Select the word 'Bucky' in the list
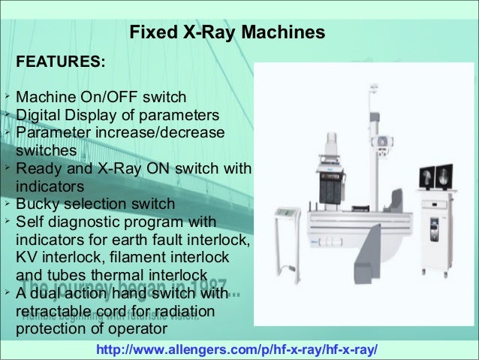[x=39, y=204]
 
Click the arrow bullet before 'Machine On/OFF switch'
[x=5, y=97]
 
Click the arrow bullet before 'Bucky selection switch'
[x=5, y=203]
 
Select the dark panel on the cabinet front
[x=434, y=226]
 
